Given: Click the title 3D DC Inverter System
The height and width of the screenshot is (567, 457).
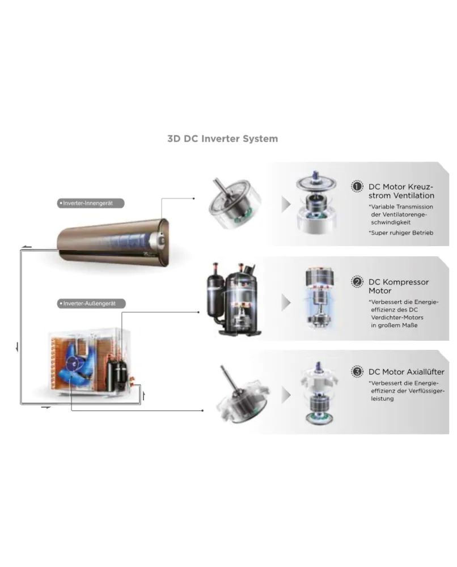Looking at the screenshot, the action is [223, 139].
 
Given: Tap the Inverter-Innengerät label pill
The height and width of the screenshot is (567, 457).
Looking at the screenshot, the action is [91, 203].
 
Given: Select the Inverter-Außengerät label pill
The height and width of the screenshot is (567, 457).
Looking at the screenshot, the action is [91, 303].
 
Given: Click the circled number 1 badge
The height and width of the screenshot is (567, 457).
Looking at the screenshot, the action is [357, 186].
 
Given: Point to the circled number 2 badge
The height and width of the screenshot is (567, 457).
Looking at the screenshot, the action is [357, 282].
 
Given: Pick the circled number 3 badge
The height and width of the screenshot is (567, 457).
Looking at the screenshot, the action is [357, 371].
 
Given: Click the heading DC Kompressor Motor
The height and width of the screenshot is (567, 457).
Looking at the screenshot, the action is [399, 286].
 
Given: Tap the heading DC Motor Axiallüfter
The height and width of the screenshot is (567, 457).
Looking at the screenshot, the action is [407, 372].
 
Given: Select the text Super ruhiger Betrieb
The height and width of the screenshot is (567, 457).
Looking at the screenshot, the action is [402, 233].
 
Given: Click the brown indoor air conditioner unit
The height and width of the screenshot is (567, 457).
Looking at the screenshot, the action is [113, 240].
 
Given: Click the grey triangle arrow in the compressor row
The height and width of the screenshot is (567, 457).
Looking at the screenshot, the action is [286, 302].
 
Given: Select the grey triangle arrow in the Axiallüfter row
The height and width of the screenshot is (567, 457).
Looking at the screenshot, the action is [286, 395].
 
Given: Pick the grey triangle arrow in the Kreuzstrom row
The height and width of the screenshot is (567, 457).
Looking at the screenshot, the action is [286, 205].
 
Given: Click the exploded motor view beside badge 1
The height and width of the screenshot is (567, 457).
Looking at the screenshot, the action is [317, 202].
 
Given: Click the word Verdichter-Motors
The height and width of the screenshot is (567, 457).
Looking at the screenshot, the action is [397, 318].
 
